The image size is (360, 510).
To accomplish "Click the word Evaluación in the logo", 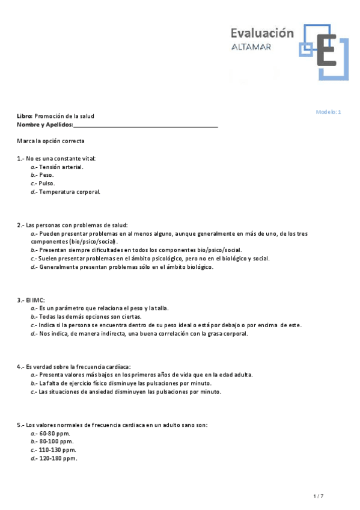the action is coord(263,34).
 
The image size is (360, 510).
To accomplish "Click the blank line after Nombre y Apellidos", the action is coord(145,125).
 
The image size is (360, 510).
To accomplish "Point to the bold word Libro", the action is coord(24,116).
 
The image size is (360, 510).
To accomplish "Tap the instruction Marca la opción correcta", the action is coord(51,141).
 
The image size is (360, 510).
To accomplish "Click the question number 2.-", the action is coord(21,225).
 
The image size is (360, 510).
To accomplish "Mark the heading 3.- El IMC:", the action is coord(31,300).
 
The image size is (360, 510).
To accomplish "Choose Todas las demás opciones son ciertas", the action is coord(90,316).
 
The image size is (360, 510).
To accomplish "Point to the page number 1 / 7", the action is coord(319,496).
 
